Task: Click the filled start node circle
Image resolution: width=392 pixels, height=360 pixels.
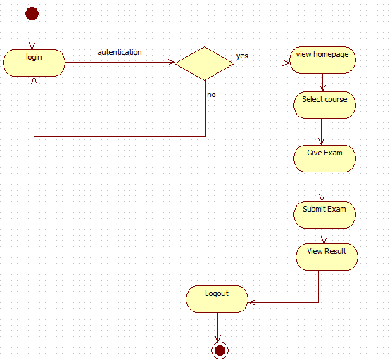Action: pyautogui.click(x=32, y=13)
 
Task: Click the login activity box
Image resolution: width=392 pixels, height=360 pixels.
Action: pyautogui.click(x=34, y=62)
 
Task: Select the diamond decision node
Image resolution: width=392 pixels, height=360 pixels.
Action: pyautogui.click(x=204, y=63)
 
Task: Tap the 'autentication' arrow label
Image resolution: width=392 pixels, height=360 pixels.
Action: pyautogui.click(x=119, y=52)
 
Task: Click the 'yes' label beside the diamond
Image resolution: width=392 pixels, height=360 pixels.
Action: pyautogui.click(x=242, y=56)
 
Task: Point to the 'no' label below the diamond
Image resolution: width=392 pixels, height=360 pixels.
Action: pyautogui.click(x=211, y=94)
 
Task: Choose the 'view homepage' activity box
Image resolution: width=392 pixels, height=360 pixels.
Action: pyautogui.click(x=323, y=60)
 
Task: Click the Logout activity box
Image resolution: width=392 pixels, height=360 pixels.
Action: pyautogui.click(x=217, y=299)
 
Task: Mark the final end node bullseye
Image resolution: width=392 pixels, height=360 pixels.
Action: pyautogui.click(x=219, y=349)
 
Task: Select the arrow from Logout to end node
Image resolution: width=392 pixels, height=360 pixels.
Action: pyautogui.click(x=218, y=326)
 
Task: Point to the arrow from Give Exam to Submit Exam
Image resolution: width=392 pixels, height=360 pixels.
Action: pyautogui.click(x=322, y=186)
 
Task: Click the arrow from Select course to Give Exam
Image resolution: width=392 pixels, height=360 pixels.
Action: pyautogui.click(x=322, y=131)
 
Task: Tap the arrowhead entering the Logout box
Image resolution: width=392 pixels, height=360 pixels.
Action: pyautogui.click(x=252, y=302)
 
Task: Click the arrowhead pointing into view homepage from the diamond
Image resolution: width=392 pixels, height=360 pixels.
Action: pyautogui.click(x=286, y=63)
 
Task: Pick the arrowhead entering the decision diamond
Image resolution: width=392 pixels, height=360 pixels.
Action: pyautogui.click(x=171, y=63)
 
